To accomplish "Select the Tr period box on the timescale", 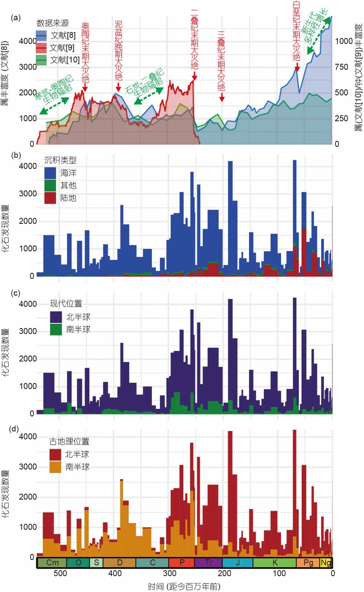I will pos(208,563).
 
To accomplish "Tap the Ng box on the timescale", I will pos(326,563).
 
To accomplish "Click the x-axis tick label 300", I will pos(170,573).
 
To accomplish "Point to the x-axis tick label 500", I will pos(60,573).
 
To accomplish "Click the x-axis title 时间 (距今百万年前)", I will pos(184,586).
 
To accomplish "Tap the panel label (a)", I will pos(16,18).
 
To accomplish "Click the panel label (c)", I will pos(16,293).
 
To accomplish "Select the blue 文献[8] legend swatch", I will pos(41,35).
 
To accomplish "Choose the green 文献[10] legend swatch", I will pos(41,60).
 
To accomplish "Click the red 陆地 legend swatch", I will pos(50,198).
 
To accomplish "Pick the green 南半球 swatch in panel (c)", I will pos(56,329).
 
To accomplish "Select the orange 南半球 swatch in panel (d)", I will pos(55,467).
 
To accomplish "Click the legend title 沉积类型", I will pos(60,160).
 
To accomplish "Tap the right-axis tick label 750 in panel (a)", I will pos(341,67).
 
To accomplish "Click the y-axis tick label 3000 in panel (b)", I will pos(28,194).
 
